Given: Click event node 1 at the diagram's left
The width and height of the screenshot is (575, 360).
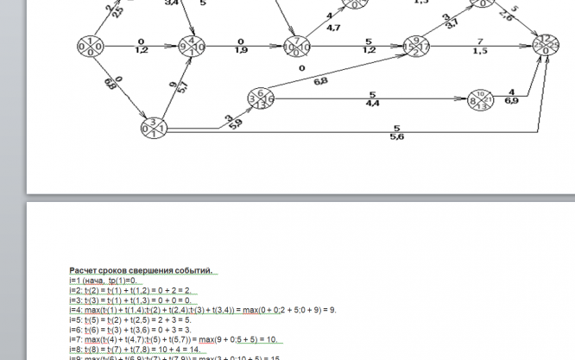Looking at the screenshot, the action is click(x=89, y=45).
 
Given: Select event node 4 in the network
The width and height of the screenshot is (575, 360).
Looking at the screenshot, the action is click(x=192, y=45).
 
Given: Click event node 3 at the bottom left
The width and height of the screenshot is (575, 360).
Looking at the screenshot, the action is click(x=152, y=128).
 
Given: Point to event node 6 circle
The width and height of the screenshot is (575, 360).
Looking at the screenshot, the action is click(x=260, y=98).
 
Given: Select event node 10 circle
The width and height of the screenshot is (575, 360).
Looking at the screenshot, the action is click(x=481, y=100).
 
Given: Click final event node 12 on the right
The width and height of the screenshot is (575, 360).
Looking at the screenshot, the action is click(x=544, y=45).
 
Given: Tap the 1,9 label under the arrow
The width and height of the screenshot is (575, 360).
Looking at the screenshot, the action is click(x=243, y=51).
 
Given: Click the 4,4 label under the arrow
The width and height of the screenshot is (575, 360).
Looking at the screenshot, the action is click(x=374, y=104).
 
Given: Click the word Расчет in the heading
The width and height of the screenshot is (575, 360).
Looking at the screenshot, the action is click(x=85, y=271).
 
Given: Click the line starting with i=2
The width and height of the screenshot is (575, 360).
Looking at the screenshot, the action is click(x=130, y=290).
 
